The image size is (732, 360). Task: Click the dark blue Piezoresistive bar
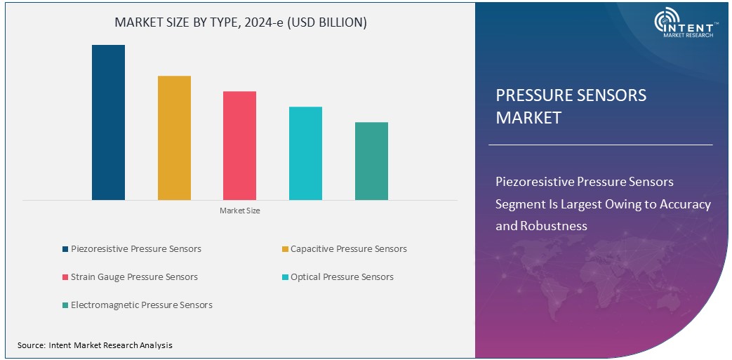[108, 123]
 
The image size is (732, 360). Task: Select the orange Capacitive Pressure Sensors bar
[174, 138]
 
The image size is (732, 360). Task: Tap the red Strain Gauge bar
[239, 146]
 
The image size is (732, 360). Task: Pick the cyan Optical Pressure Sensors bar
[305, 154]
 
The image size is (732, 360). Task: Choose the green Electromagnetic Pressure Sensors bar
[371, 161]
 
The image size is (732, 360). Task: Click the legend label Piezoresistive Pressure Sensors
[135, 249]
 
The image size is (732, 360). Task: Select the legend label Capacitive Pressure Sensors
[348, 249]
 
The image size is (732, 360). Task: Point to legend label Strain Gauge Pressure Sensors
[134, 277]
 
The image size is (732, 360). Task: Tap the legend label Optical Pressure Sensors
[342, 277]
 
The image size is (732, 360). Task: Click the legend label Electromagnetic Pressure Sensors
[141, 305]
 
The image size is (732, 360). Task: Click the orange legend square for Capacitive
[285, 249]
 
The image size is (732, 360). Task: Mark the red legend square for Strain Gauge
[65, 277]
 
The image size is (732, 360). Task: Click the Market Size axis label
[239, 211]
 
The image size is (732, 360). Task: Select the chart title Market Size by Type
[241, 22]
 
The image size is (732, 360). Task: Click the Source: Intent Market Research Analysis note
[95, 345]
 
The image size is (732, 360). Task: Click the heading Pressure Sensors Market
[571, 106]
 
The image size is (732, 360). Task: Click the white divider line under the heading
[600, 145]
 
